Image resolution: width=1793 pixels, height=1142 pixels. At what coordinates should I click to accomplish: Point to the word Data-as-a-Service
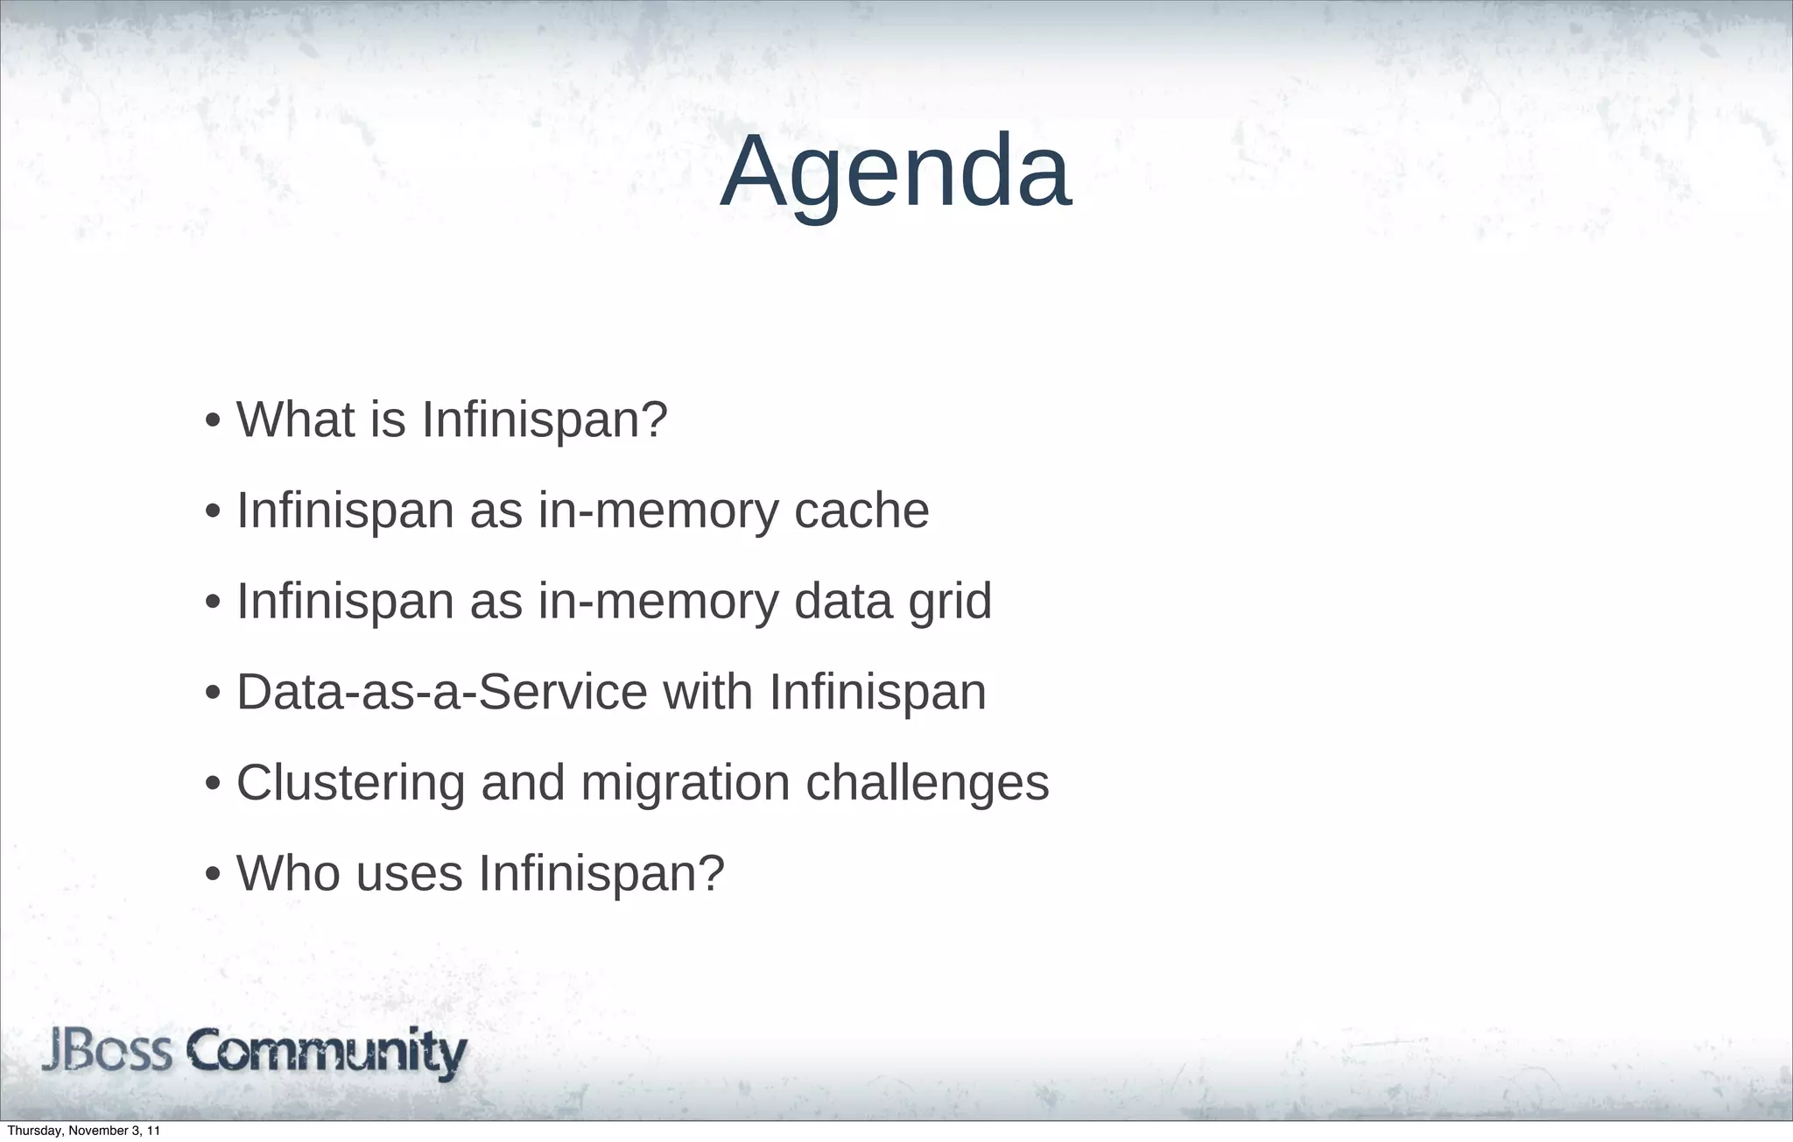click(x=441, y=692)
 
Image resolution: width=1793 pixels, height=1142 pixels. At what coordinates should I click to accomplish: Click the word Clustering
click(x=350, y=783)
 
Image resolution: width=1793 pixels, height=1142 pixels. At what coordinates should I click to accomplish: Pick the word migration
click(x=686, y=783)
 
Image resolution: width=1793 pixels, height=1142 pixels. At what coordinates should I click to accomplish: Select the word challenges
click(x=927, y=783)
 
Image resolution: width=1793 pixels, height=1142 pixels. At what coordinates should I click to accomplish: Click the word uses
click(x=409, y=873)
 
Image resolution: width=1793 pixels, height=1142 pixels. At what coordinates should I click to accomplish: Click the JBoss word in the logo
click(x=107, y=1052)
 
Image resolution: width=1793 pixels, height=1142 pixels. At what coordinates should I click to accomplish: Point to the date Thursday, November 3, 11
click(x=83, y=1131)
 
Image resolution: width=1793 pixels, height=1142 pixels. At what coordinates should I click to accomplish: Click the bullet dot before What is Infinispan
click(x=212, y=422)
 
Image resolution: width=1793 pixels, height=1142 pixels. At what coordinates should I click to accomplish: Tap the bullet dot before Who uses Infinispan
click(x=212, y=876)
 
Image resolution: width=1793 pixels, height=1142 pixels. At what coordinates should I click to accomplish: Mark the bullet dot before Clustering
click(x=212, y=786)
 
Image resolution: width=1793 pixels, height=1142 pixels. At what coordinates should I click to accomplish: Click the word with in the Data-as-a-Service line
click(x=707, y=692)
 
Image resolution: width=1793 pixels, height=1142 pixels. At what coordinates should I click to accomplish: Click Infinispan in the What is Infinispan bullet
click(x=545, y=419)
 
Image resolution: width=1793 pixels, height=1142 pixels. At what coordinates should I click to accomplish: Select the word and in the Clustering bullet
click(x=523, y=783)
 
